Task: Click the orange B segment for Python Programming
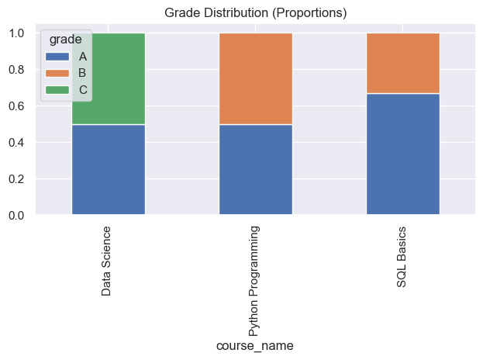coord(255,78)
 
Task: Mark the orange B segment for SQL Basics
coord(402,63)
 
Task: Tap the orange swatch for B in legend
coord(57,73)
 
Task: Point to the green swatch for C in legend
coord(57,90)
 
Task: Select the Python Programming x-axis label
coord(255,280)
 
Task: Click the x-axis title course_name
coord(255,345)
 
